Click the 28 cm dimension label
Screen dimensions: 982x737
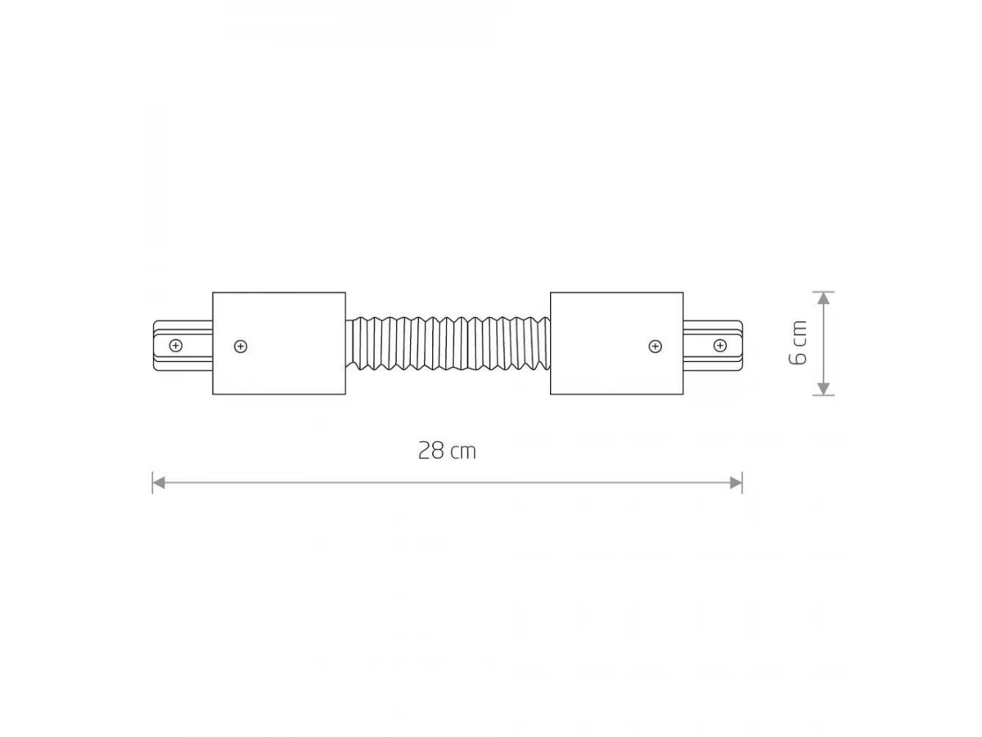point(447,450)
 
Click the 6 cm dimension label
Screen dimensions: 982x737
point(797,343)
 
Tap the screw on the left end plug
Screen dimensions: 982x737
point(176,346)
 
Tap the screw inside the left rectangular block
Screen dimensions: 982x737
point(241,346)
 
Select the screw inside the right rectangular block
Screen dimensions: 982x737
point(655,346)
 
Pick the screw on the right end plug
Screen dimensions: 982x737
point(720,346)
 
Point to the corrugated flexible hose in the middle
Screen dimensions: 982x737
point(448,343)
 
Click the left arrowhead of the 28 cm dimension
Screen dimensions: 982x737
point(159,483)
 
